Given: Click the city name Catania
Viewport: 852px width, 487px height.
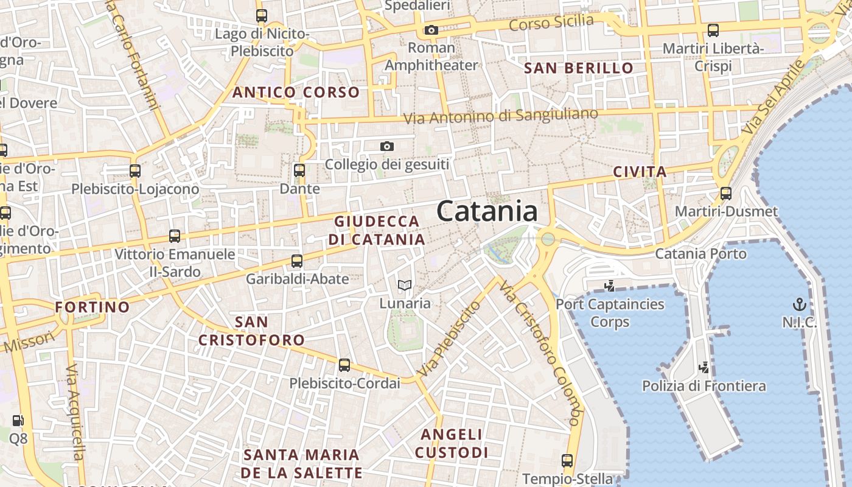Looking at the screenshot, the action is [487, 212].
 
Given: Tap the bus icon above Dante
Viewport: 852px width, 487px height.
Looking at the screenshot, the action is [299, 170].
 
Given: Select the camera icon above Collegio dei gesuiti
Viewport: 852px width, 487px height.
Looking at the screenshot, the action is [386, 147].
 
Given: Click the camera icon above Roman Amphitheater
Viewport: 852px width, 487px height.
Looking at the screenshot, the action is [431, 30].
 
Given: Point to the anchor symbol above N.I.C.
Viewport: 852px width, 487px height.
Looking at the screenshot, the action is [798, 304].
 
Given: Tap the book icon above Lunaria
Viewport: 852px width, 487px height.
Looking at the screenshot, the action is [405, 285].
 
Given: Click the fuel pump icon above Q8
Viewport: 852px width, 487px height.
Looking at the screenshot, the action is [18, 420].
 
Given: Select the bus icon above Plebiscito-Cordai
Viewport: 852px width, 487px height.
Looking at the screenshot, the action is [344, 365].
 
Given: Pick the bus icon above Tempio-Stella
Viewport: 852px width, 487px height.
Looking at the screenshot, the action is [567, 460].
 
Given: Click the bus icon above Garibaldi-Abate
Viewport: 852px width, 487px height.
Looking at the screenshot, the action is [297, 261].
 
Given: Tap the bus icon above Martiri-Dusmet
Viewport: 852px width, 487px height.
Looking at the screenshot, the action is [726, 194].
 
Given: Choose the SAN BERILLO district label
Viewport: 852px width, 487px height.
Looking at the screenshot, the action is [579, 68].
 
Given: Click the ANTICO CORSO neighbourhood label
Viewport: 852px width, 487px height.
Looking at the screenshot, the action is [296, 93].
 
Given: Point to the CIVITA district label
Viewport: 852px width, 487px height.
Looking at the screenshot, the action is [640, 172].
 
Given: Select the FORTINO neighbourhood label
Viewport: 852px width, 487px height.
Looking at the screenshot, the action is [93, 307].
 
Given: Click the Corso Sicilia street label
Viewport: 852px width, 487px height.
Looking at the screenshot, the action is [551, 23].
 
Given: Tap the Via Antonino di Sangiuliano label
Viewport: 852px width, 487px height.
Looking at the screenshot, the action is [501, 116].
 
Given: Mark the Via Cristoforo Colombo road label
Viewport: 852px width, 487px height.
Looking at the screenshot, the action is [539, 353].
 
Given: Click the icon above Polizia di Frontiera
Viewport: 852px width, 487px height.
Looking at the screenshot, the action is [704, 368].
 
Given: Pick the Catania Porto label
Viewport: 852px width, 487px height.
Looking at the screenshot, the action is [700, 253].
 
